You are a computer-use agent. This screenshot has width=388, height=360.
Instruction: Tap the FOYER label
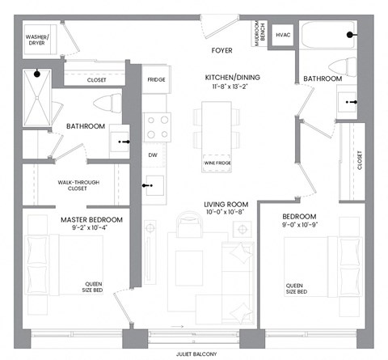pyautogui.click(x=221, y=51)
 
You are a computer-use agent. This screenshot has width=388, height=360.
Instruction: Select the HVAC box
pyautogui.click(x=283, y=36)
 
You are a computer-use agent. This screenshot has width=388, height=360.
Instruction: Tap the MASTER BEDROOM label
pyautogui.click(x=91, y=219)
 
